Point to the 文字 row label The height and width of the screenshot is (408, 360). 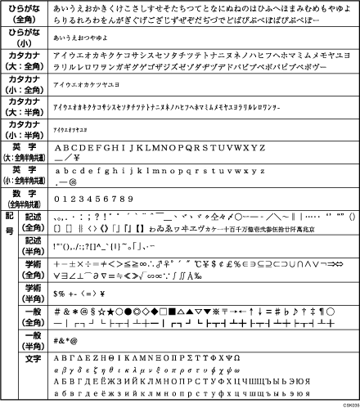click(x=33, y=359)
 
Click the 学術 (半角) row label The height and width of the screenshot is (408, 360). click(x=33, y=293)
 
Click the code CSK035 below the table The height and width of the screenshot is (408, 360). click(x=348, y=403)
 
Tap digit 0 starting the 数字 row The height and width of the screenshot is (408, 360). click(x=56, y=198)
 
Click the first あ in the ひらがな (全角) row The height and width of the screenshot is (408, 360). click(x=56, y=7)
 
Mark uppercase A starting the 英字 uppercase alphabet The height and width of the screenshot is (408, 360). click(x=57, y=148)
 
